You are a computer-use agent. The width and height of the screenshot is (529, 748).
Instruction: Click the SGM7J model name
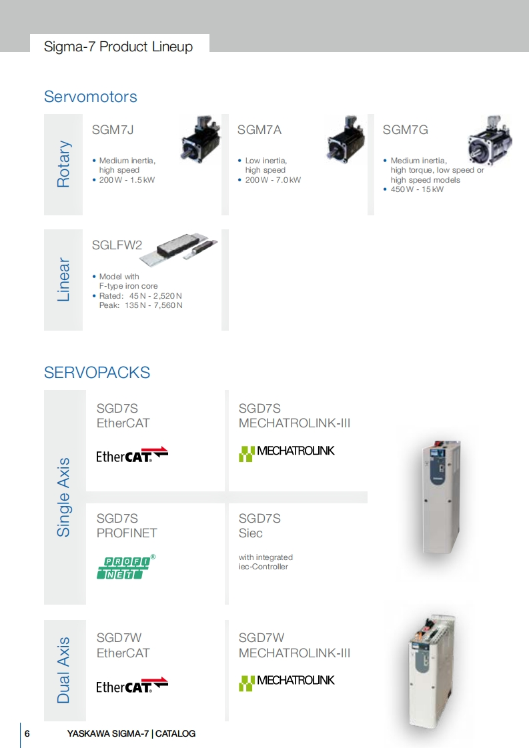[x=113, y=130]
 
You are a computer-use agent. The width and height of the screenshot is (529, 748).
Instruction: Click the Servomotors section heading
[x=90, y=97]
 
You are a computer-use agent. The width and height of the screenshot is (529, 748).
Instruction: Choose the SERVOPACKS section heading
[x=97, y=373]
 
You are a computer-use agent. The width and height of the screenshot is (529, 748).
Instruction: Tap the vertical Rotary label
[x=63, y=164]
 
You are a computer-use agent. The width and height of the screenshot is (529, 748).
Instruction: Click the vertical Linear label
[x=63, y=279]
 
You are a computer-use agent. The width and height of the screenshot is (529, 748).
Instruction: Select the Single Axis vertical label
[x=63, y=497]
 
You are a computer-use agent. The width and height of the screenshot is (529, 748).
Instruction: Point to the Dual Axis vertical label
[x=63, y=671]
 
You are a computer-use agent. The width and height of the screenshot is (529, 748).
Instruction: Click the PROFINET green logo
[x=126, y=567]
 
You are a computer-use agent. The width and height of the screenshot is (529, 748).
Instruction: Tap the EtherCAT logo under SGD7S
[x=131, y=455]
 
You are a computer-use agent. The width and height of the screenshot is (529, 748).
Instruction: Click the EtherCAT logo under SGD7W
[x=131, y=685]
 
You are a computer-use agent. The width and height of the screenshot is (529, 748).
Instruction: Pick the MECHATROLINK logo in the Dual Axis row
[x=286, y=681]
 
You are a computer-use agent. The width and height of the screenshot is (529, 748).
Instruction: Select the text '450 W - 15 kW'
[x=417, y=189]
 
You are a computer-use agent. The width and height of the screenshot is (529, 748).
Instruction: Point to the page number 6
[x=27, y=733]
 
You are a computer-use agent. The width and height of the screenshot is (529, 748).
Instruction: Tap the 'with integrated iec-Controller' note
[x=266, y=562]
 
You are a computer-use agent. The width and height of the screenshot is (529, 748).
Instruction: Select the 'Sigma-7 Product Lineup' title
[x=118, y=47]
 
